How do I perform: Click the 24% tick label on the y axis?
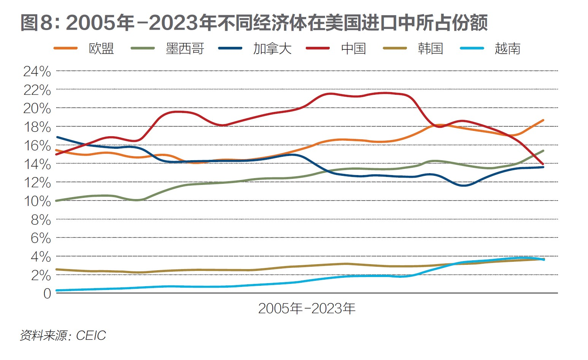click(37, 71)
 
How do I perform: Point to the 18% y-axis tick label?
click(37, 127)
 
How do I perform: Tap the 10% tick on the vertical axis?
click(37, 201)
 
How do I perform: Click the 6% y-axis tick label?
click(40, 239)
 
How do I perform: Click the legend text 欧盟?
click(101, 49)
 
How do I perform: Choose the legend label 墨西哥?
click(185, 49)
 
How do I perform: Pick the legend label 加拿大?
click(272, 49)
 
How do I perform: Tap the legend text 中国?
click(353, 49)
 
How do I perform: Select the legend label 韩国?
click(430, 49)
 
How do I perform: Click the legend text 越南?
click(507, 49)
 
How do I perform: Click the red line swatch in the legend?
click(318, 49)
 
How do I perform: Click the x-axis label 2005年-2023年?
click(307, 308)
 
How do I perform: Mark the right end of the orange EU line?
click(543, 120)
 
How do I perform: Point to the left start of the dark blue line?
click(57, 137)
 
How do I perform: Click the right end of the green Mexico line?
click(543, 151)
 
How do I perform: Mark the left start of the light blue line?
click(57, 290)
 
